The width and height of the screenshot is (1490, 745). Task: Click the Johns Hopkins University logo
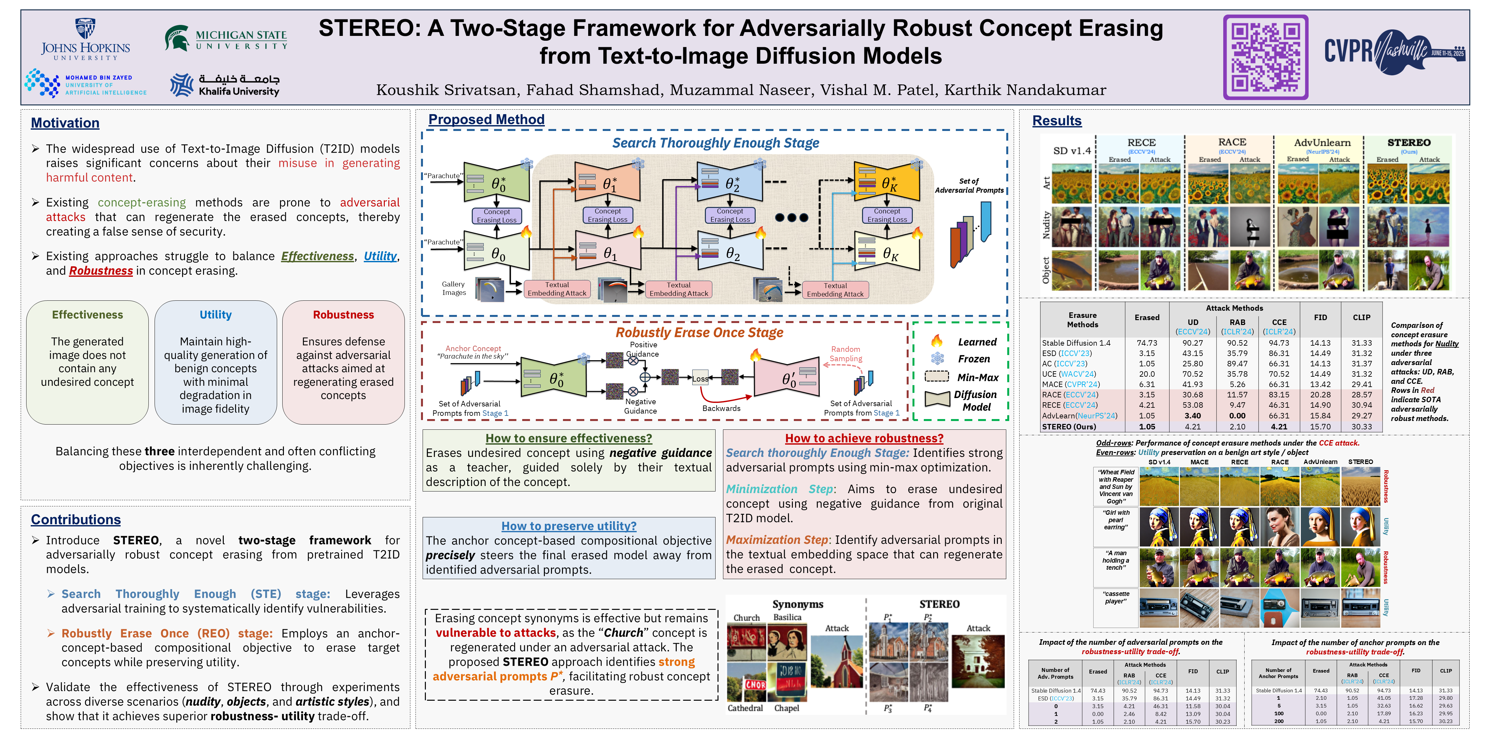[x=86, y=40]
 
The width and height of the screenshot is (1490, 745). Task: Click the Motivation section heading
[x=65, y=123]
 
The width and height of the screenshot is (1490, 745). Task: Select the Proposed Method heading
[x=486, y=120]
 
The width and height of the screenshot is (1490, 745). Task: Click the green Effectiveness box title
[x=87, y=315]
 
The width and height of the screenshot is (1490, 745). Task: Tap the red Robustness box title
[x=343, y=315]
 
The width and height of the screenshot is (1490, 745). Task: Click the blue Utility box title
[x=215, y=315]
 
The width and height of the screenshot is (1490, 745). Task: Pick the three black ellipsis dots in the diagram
[x=791, y=218]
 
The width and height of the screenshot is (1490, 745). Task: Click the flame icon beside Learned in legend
[x=936, y=341]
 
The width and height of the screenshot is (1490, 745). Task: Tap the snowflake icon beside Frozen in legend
[x=937, y=359]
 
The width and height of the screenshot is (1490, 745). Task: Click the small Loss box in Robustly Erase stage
[x=700, y=379]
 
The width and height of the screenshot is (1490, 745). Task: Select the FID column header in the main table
[x=1320, y=318]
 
